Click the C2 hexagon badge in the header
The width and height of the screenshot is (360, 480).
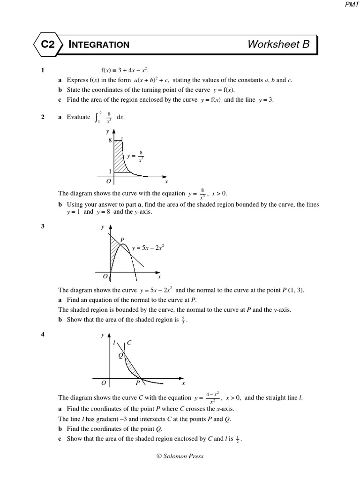click(x=48, y=45)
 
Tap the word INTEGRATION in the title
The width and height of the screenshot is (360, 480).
click(x=99, y=45)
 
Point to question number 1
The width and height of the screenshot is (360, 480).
click(x=43, y=71)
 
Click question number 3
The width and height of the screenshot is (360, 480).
click(x=43, y=226)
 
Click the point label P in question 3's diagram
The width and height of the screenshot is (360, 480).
click(x=122, y=240)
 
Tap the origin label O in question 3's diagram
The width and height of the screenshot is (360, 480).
click(x=105, y=277)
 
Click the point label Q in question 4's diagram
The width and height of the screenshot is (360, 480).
click(x=120, y=355)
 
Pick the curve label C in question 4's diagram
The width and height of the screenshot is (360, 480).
click(x=129, y=343)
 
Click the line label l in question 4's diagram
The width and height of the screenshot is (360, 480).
click(x=114, y=343)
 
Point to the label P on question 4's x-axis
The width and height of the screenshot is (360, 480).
click(x=138, y=383)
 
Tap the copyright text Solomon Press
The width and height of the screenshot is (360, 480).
click(x=180, y=456)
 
